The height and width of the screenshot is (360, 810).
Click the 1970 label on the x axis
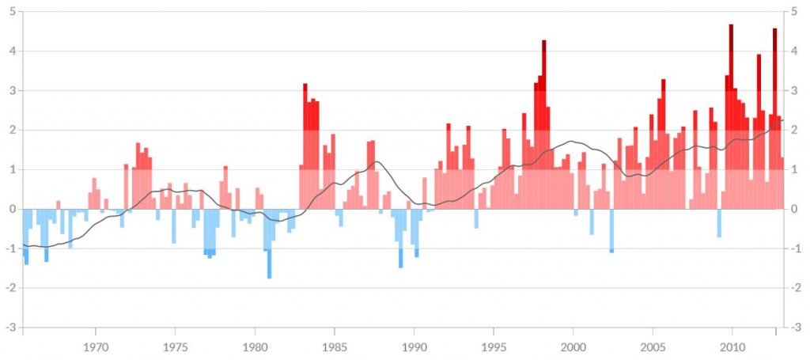click(96, 347)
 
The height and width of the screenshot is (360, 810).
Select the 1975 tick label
click(175, 347)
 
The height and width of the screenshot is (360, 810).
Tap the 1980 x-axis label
click(255, 347)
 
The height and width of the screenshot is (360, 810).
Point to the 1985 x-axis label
click(334, 347)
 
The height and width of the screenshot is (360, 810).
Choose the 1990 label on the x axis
click(414, 347)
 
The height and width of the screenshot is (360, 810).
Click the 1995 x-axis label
click(494, 347)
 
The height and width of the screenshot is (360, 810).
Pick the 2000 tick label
click(573, 347)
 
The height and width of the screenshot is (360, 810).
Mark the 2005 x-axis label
click(653, 347)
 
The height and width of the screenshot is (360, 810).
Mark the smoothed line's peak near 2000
click(571, 142)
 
